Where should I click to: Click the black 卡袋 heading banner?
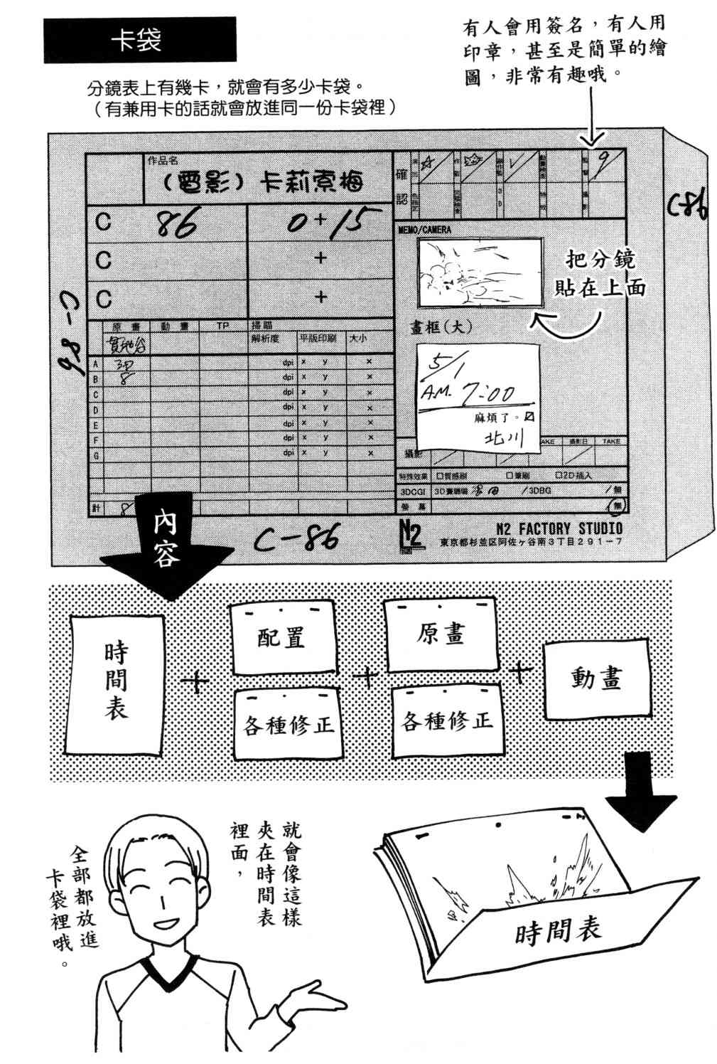[140, 41]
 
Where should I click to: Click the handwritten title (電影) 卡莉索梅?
[263, 183]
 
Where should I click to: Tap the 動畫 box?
[596, 679]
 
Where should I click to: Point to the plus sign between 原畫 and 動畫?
[522, 671]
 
